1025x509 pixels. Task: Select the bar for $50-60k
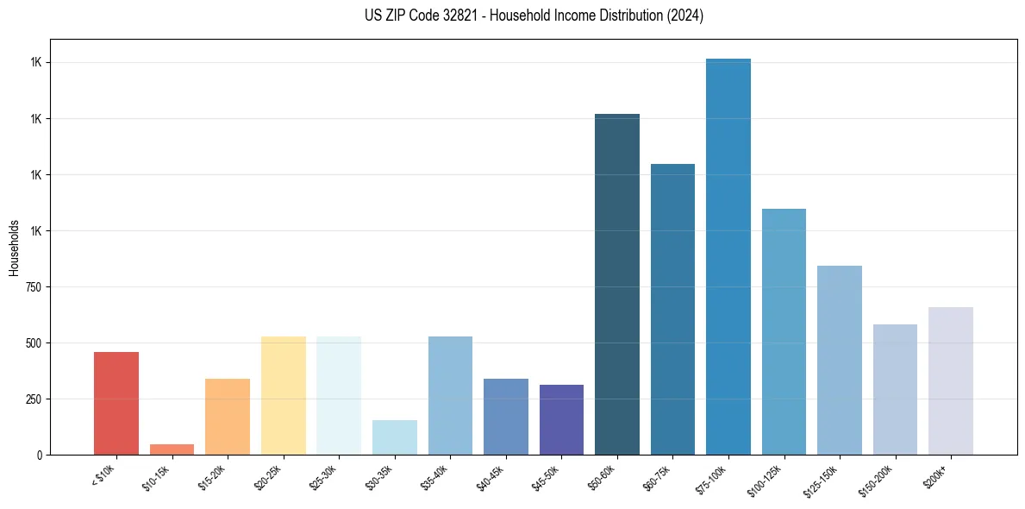617,285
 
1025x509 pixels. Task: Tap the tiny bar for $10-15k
172,449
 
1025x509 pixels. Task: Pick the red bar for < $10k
116,403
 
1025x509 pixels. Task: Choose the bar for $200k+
951,380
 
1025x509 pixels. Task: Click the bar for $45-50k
561,419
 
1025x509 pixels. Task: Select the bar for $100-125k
784,331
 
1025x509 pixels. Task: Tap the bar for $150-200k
895,389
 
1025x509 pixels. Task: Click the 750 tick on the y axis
34,287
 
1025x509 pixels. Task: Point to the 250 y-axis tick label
34,399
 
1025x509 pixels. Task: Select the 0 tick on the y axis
40,455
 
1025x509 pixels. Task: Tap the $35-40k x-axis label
434,476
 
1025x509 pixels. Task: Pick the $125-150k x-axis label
821,479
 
